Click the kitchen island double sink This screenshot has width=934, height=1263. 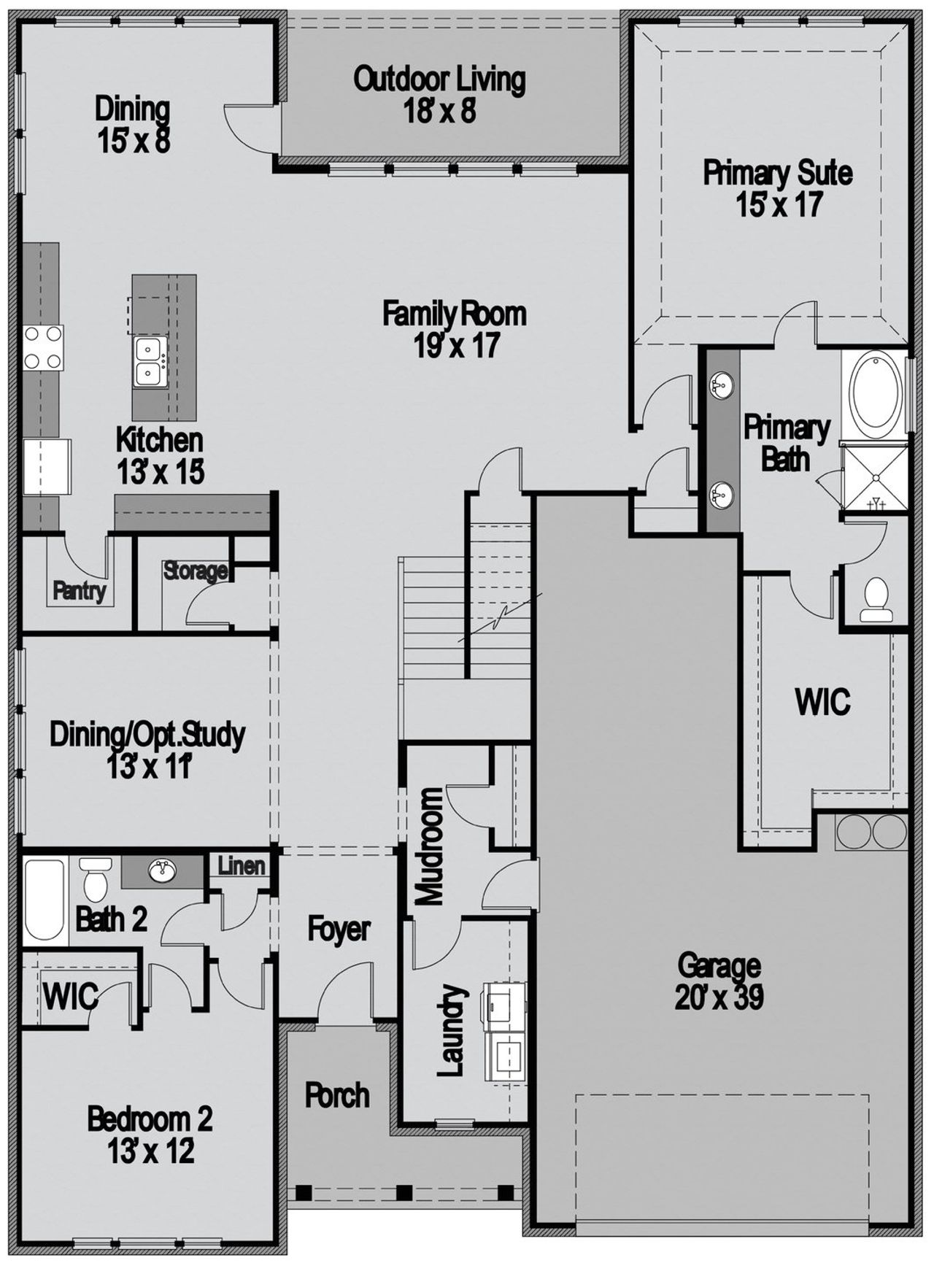coord(150,362)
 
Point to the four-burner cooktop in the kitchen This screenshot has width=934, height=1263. coord(43,347)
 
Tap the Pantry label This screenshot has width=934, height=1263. coord(80,591)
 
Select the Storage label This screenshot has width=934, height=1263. coord(195,571)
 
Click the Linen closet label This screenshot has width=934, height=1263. coord(242,866)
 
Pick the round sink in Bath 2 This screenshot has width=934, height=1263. coord(162,870)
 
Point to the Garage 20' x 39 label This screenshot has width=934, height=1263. coord(719,981)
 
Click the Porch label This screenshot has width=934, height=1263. coord(337,1095)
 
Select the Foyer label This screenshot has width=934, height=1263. coord(339,930)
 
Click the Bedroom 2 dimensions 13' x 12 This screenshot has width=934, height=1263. coord(151,1151)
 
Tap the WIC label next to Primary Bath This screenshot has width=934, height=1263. coord(822,702)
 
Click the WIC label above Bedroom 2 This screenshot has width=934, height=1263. coord(70,996)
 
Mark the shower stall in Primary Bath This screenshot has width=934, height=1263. coord(873,479)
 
